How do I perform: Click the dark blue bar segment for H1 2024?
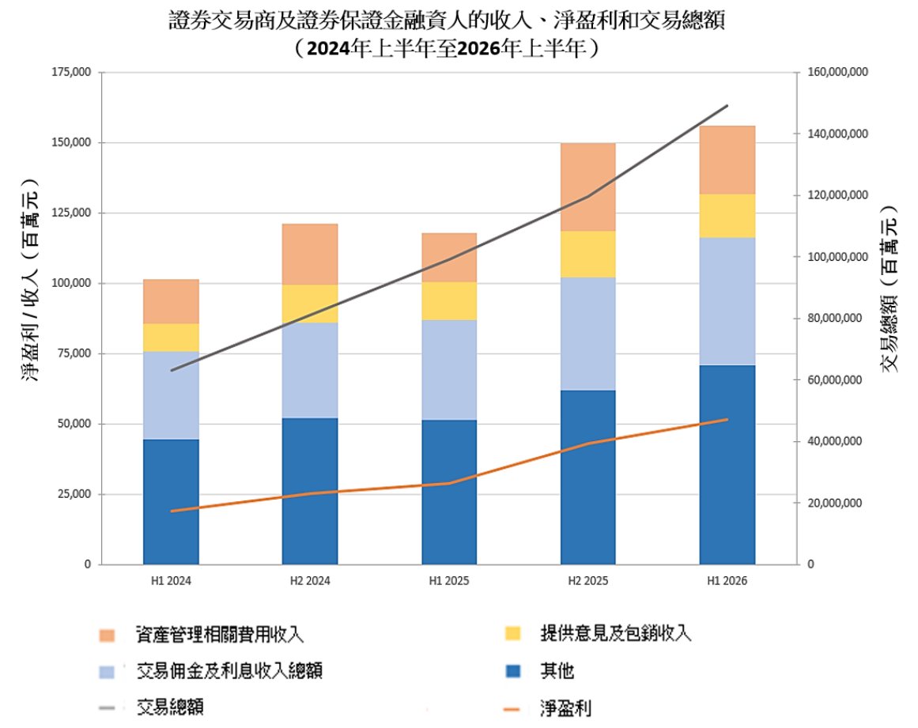click(x=171, y=501)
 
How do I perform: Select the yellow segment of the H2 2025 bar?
click(x=587, y=254)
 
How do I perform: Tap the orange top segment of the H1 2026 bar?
click(x=727, y=160)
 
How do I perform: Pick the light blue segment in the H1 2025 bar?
click(x=449, y=370)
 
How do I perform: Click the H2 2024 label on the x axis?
click(x=310, y=581)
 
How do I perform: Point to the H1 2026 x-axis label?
click(x=727, y=581)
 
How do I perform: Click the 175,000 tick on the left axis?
click(x=71, y=72)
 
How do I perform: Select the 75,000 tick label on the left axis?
click(x=74, y=353)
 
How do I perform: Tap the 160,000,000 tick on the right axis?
click(x=838, y=72)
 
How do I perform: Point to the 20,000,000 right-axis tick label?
click(x=835, y=503)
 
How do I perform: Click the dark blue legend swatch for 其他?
click(x=513, y=670)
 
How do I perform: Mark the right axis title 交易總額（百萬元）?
click(x=889, y=288)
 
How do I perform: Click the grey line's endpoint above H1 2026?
click(x=727, y=106)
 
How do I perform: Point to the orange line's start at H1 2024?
click(x=171, y=511)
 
